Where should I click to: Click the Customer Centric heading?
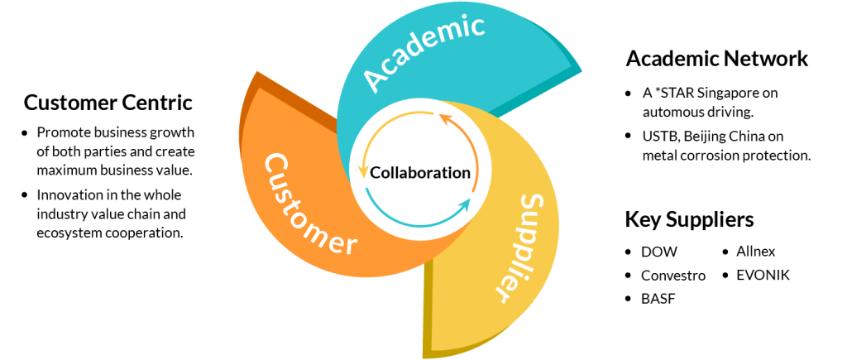(x=108, y=103)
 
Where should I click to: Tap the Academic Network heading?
(x=716, y=58)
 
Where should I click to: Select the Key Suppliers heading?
(x=689, y=219)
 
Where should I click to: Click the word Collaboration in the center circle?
(x=420, y=173)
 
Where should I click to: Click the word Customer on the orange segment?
(x=309, y=203)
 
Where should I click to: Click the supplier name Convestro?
(x=673, y=275)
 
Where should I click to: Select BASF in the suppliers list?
(x=658, y=299)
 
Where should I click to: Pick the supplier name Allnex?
(x=756, y=251)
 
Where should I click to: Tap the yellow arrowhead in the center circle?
(x=362, y=173)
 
